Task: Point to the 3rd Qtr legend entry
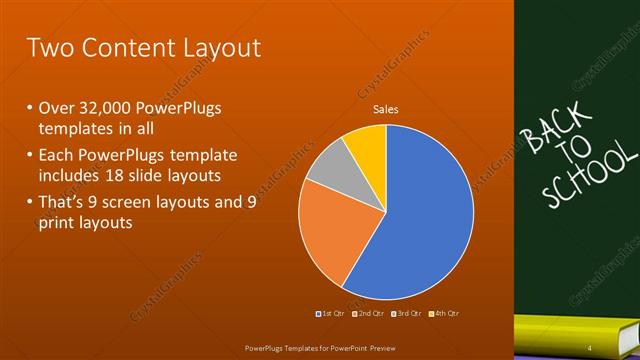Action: [x=406, y=315]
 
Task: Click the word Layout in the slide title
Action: [x=215, y=47]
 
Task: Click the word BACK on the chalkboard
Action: [x=545, y=130]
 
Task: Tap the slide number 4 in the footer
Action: [x=589, y=347]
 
